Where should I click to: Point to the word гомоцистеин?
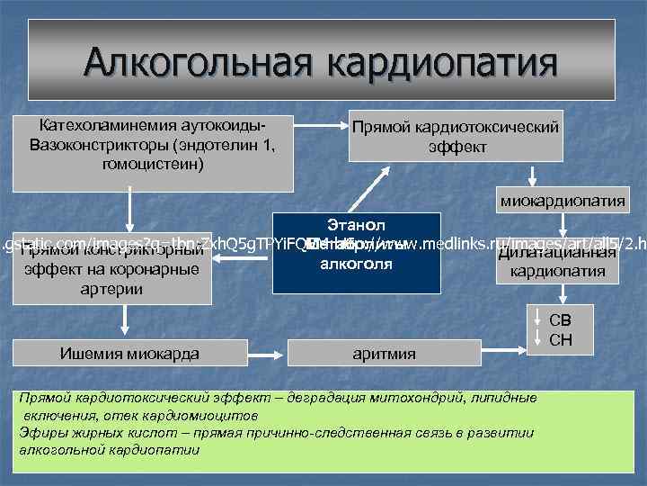click(x=154, y=165)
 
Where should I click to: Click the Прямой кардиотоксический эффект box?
click(x=456, y=137)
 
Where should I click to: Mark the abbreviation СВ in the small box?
click(x=559, y=320)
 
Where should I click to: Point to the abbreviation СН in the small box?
click(x=559, y=340)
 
